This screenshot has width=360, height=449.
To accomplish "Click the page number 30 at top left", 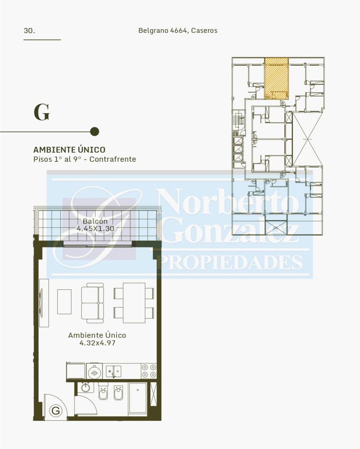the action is [29, 31].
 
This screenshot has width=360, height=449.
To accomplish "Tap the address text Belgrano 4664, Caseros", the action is [178, 30].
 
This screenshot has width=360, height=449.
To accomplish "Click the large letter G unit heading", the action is [42, 112].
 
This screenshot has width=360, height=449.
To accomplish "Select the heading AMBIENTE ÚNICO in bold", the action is [70, 150].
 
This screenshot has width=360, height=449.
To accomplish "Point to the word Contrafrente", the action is [113, 159].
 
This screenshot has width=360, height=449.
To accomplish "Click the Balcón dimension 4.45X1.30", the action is [95, 229].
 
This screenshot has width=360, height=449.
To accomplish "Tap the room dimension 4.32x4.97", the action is [97, 343].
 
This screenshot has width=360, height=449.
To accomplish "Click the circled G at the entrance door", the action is [56, 411].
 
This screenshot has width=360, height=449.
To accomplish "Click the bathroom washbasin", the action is [85, 387].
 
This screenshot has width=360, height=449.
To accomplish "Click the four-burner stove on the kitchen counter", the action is [149, 371].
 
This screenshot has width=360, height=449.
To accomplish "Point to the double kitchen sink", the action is [114, 371].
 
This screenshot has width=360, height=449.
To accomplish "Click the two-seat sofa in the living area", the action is [92, 303].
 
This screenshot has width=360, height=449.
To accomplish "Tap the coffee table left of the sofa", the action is [65, 302].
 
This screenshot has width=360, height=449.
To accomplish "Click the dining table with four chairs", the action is [134, 303].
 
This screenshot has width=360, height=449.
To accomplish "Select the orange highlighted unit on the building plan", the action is [276, 78].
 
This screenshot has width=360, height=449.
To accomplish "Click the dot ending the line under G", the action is [94, 132].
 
